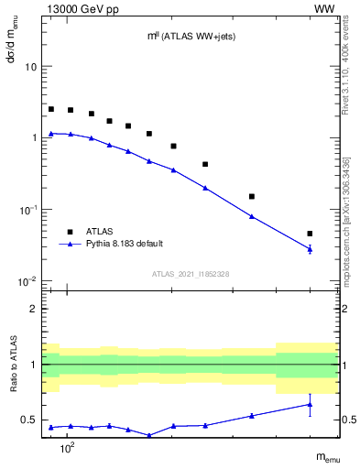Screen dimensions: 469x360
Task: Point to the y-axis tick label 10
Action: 30,68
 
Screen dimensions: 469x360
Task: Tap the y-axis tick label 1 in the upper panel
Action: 34,138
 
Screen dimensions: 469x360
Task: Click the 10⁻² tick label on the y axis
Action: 28,281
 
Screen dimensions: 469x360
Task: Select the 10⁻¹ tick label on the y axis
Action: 28,210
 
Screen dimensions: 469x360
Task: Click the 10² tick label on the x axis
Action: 66,445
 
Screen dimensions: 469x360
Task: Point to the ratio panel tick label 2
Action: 34,309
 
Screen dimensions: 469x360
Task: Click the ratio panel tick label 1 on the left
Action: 34,365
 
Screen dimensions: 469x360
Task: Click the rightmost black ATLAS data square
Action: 310,234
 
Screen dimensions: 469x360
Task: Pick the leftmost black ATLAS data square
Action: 51,109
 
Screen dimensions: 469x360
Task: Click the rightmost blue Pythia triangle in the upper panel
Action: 310,248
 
